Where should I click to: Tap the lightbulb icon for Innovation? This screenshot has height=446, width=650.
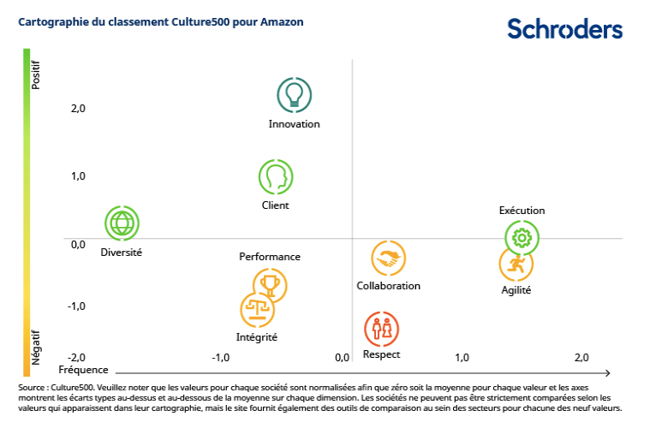294,94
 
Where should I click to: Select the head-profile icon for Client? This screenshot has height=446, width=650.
276,177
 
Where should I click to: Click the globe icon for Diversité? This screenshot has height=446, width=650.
122,223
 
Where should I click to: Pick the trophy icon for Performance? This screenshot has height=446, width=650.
270,285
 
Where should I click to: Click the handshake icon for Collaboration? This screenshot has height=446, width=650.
388,258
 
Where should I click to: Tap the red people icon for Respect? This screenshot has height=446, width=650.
381,329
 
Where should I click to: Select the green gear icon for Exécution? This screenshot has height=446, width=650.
522,237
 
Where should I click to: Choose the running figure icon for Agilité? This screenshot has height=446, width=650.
516,264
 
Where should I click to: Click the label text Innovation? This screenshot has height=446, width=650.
294,124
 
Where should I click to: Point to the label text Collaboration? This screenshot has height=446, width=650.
388,286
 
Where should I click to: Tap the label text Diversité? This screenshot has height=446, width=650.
121,253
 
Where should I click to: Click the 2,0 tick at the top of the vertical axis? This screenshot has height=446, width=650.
78,109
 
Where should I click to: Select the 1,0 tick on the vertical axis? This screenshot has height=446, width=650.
78,176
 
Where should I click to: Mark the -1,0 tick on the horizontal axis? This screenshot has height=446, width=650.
221,357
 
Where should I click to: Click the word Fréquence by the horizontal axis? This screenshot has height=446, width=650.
83,370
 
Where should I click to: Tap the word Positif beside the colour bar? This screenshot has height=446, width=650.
36,74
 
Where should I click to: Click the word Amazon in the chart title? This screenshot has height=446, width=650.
283,21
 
